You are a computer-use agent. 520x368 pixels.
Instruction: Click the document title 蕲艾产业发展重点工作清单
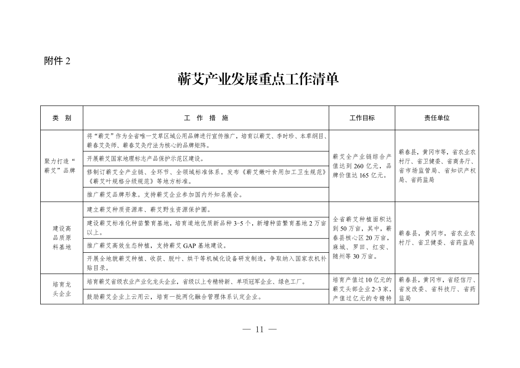[259, 79]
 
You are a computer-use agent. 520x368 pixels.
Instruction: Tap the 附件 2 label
[57, 61]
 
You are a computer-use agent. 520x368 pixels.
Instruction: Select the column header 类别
[62, 118]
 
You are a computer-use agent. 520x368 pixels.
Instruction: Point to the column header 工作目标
[362, 118]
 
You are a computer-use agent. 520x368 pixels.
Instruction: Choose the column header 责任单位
[437, 118]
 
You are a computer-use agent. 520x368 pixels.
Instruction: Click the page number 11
[259, 330]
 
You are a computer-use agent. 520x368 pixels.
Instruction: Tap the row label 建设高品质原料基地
[62, 237]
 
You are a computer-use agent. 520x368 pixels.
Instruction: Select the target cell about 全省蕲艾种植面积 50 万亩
[362, 237]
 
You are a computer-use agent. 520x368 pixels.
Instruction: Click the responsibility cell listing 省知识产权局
[437, 165]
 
